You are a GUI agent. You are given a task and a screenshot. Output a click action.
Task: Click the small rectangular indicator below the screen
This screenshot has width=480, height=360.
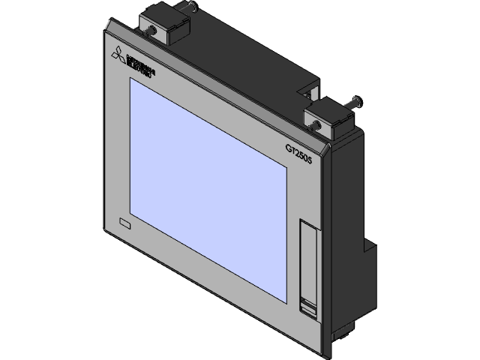tap(125, 223)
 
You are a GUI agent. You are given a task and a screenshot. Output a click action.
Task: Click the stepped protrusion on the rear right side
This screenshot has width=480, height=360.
tap(370, 250)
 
